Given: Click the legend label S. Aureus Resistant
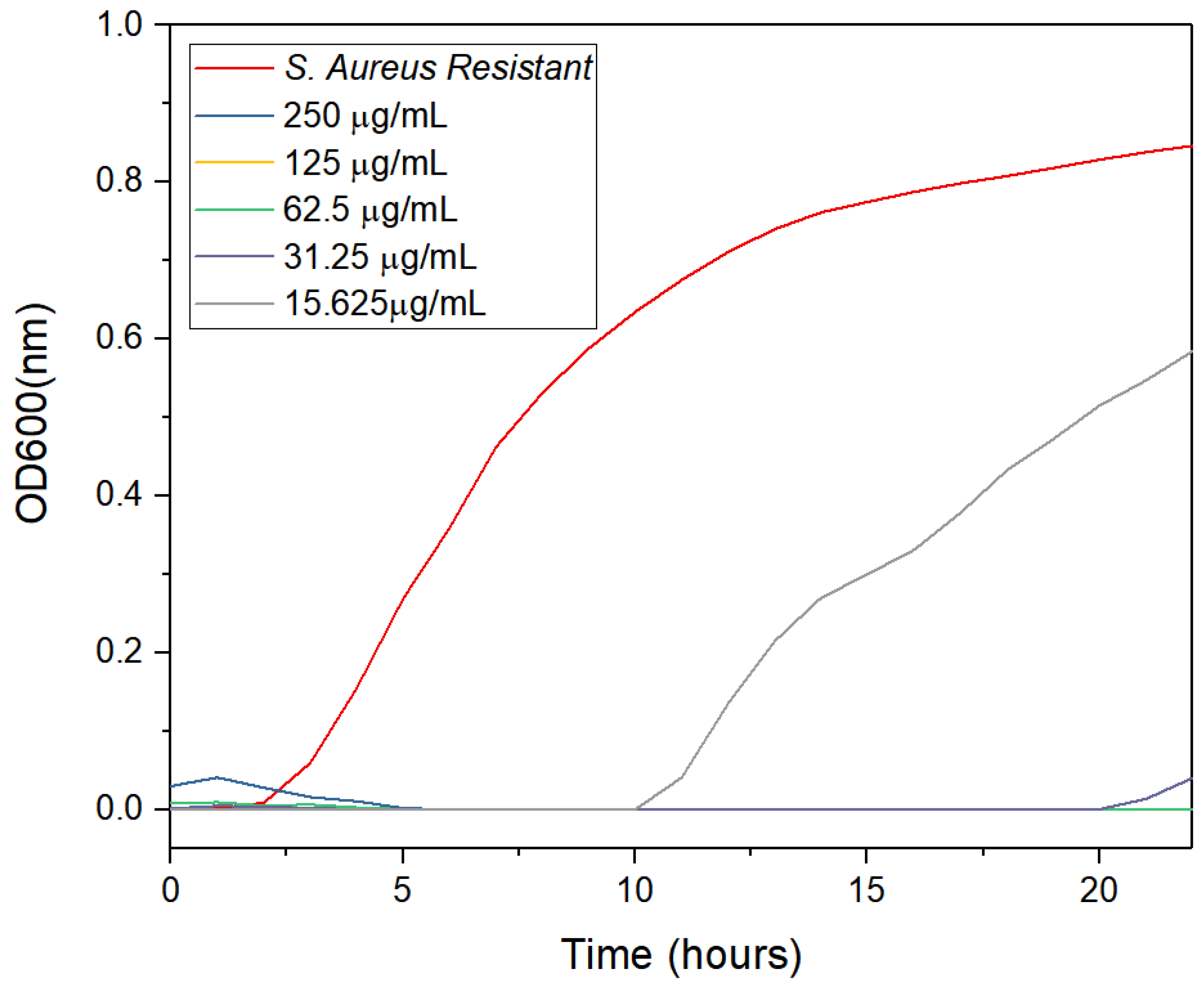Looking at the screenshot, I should click(438, 68).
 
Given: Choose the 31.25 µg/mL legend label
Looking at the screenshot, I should click(380, 257).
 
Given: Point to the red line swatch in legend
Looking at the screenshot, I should click(234, 68).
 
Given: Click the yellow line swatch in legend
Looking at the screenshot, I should click(234, 163).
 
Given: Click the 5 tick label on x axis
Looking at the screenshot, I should click(402, 890).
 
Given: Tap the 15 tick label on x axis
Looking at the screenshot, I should click(866, 890).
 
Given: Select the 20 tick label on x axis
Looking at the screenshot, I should click(1098, 890).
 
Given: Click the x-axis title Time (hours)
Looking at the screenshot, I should click(681, 954).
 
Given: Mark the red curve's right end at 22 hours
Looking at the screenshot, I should click(1191, 147).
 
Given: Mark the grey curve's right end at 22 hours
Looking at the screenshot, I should click(1191, 351).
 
